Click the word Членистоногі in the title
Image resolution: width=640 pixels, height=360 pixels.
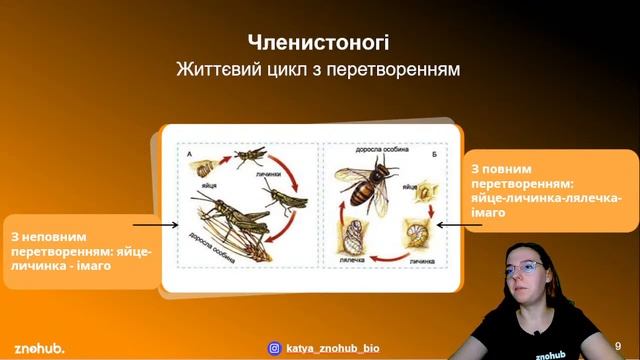[319, 43]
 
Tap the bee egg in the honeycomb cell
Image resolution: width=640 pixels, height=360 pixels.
[427, 190]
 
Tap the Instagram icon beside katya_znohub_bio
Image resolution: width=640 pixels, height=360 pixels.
[273, 348]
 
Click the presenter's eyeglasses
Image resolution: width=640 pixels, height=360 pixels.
[527, 267]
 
